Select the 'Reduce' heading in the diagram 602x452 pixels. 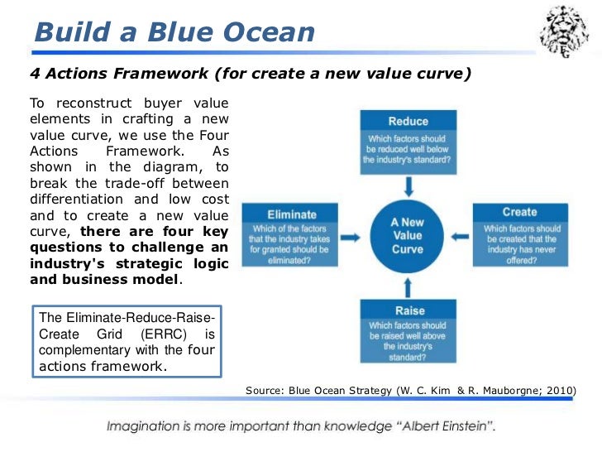tap(408, 121)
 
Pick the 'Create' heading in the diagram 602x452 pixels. tap(519, 213)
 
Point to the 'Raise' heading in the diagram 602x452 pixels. tap(407, 310)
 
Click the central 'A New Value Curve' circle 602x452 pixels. tap(408, 234)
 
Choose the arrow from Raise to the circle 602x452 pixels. tap(408, 287)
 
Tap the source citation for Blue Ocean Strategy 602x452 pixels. tap(410, 390)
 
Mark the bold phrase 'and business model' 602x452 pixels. tap(104, 279)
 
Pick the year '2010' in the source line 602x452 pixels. tap(559, 390)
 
